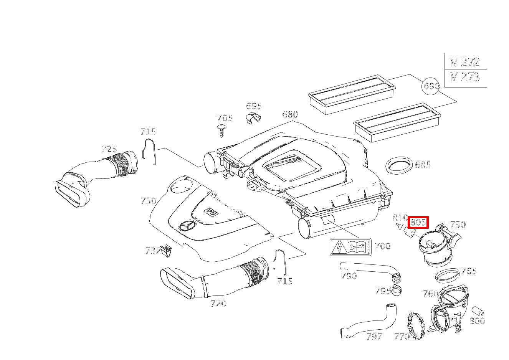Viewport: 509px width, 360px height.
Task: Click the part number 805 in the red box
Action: click(418, 222)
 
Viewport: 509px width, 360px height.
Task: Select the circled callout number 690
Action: click(430, 86)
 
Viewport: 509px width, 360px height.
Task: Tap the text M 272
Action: click(464, 62)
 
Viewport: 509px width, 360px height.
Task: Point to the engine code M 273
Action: click(464, 78)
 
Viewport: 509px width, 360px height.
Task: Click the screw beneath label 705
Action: click(221, 130)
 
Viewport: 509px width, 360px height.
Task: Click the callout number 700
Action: click(382, 246)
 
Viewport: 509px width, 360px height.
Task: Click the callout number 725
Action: click(109, 149)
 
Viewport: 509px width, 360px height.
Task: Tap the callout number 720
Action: click(218, 304)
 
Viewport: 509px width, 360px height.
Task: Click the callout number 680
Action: click(290, 114)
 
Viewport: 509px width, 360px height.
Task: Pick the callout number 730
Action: click(149, 201)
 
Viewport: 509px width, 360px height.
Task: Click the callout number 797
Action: click(374, 337)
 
